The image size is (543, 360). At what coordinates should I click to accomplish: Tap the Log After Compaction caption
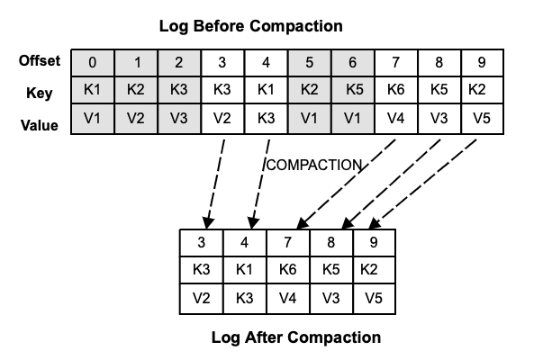click(x=295, y=338)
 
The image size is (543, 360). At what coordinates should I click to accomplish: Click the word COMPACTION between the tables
click(x=313, y=166)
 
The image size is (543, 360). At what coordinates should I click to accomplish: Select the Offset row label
click(x=40, y=61)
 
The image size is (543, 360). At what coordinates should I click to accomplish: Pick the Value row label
click(x=40, y=125)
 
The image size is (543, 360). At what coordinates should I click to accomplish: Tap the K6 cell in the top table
click(x=395, y=91)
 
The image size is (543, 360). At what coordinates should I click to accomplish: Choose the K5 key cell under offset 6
click(x=351, y=91)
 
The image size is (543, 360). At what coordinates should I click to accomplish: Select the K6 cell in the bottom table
click(x=288, y=270)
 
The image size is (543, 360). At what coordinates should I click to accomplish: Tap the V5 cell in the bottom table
click(x=374, y=298)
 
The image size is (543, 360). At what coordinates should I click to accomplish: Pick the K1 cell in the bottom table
click(x=245, y=270)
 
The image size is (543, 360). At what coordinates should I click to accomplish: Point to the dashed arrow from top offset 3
click(x=213, y=180)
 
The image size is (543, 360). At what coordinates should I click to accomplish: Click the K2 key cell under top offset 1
click(x=136, y=91)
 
